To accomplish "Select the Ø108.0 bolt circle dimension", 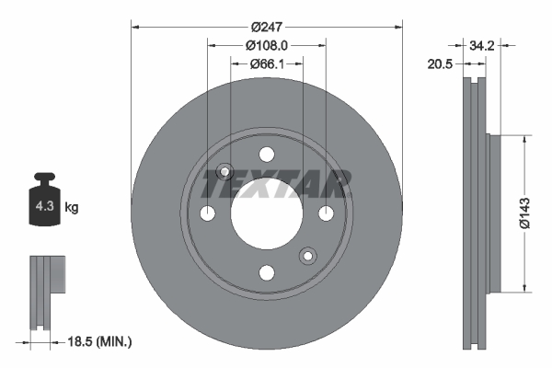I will [267, 42].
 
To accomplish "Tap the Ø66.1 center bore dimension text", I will [267, 64].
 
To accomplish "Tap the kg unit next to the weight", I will [71, 208].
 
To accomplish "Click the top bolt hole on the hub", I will [267, 154].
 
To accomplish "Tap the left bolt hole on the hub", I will [208, 213].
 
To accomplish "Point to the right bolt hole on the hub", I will [326, 213].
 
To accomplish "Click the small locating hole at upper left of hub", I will [224, 171].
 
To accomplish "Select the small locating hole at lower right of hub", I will [308, 255].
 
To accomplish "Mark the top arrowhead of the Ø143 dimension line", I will [523, 139].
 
